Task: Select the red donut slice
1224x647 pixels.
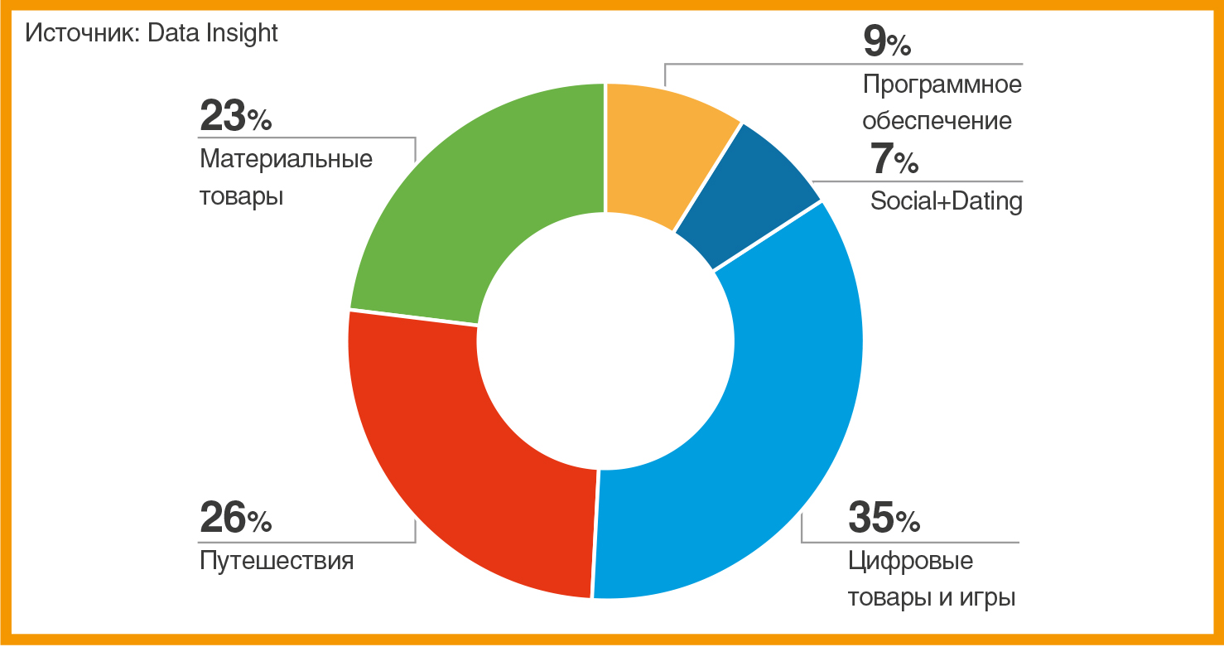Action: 464,464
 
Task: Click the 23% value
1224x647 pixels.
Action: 235,117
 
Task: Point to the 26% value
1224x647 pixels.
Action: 235,519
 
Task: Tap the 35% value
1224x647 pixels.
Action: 884,519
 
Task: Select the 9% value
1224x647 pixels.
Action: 886,42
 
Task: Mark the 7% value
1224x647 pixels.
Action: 894,160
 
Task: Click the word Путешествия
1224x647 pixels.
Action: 277,562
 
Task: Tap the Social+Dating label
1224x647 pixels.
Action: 946,201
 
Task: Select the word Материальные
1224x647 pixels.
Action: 286,158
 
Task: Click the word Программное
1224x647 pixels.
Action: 942,84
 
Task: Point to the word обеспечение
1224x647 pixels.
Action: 937,121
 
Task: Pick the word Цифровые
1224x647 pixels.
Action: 910,562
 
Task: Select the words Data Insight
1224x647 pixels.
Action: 213,33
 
